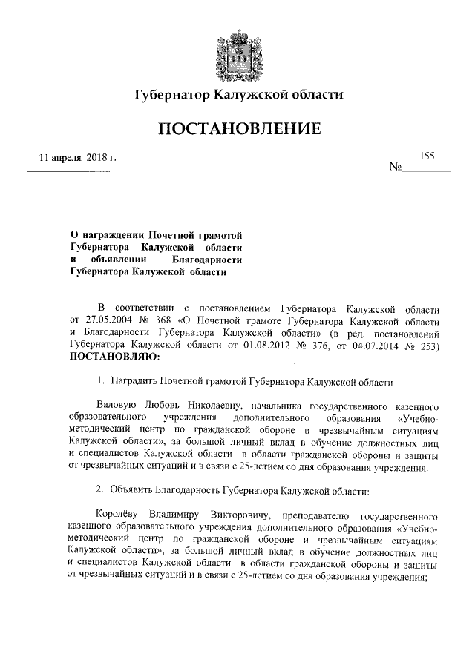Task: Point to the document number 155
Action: tap(427, 156)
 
